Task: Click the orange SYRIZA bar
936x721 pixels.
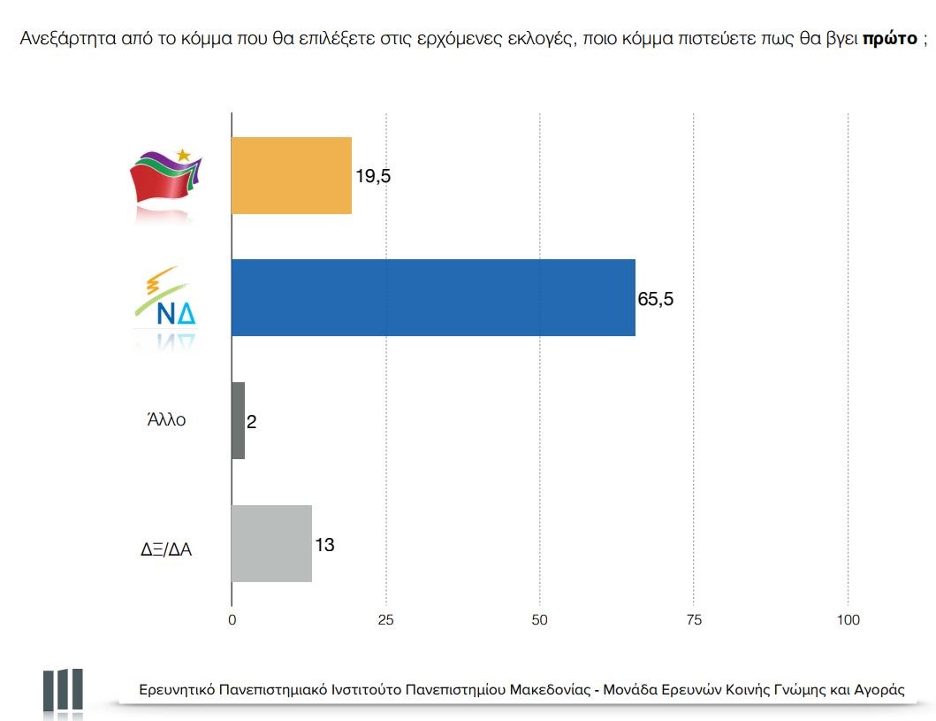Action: [x=292, y=175]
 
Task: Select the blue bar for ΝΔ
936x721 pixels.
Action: [x=433, y=298]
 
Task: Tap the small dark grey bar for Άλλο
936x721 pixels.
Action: [x=238, y=420]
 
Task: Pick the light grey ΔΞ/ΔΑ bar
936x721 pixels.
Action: [x=271, y=543]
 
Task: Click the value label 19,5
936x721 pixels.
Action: [x=373, y=176]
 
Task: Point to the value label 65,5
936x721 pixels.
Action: [x=656, y=298]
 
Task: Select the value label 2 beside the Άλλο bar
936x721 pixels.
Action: [x=251, y=421]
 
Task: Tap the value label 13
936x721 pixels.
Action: [x=324, y=543]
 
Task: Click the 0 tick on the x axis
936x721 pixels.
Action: [x=232, y=620]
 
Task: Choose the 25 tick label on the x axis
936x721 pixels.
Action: [x=385, y=620]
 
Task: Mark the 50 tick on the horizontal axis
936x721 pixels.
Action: [x=540, y=620]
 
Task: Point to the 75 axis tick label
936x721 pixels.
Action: [x=694, y=620]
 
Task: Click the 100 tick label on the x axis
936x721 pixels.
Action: [x=848, y=620]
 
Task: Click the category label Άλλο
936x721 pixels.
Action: [x=166, y=421]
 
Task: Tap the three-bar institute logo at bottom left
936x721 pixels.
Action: [x=63, y=690]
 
